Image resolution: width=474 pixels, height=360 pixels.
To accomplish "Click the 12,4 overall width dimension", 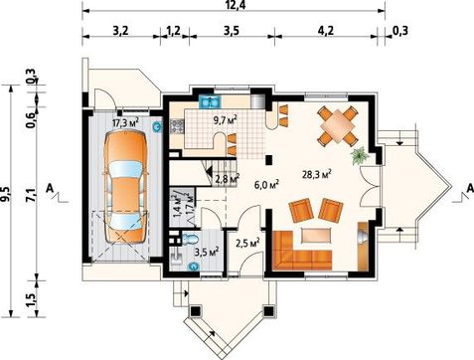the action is pos(235,5).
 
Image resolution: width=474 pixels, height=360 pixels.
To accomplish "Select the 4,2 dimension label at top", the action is pos(326,31).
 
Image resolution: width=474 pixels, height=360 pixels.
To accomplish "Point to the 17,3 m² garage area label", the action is pos(125,122).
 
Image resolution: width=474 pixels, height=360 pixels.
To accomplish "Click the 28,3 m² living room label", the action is pos(317,174).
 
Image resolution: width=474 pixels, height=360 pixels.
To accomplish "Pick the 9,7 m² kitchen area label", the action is pos(226,119).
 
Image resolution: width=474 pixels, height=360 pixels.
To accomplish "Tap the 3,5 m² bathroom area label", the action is pos(207,252).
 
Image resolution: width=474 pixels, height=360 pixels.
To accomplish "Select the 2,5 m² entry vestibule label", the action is pos(247,244).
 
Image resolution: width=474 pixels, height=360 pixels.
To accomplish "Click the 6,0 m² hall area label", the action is pos(266,184).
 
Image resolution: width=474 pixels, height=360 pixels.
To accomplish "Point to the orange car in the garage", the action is pos(125,187).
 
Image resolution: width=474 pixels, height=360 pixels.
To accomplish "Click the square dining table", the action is pos(338,126).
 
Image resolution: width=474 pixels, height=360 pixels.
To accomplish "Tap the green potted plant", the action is pos(360,156).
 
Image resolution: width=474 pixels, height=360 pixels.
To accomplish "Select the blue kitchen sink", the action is pos(210,101).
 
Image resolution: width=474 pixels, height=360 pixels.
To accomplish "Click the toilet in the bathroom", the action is pos(190,239).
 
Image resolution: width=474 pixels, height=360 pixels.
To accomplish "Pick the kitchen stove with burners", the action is pos(177,126).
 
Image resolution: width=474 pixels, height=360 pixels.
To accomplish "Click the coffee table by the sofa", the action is pos(316,236).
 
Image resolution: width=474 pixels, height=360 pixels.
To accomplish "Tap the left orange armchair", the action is pos(301,210).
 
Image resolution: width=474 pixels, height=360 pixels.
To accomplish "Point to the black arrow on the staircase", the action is pos(210,172).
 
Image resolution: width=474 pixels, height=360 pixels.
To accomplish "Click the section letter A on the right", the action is pos(470,188).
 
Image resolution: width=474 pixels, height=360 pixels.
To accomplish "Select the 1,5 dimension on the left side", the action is pos(31,300).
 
